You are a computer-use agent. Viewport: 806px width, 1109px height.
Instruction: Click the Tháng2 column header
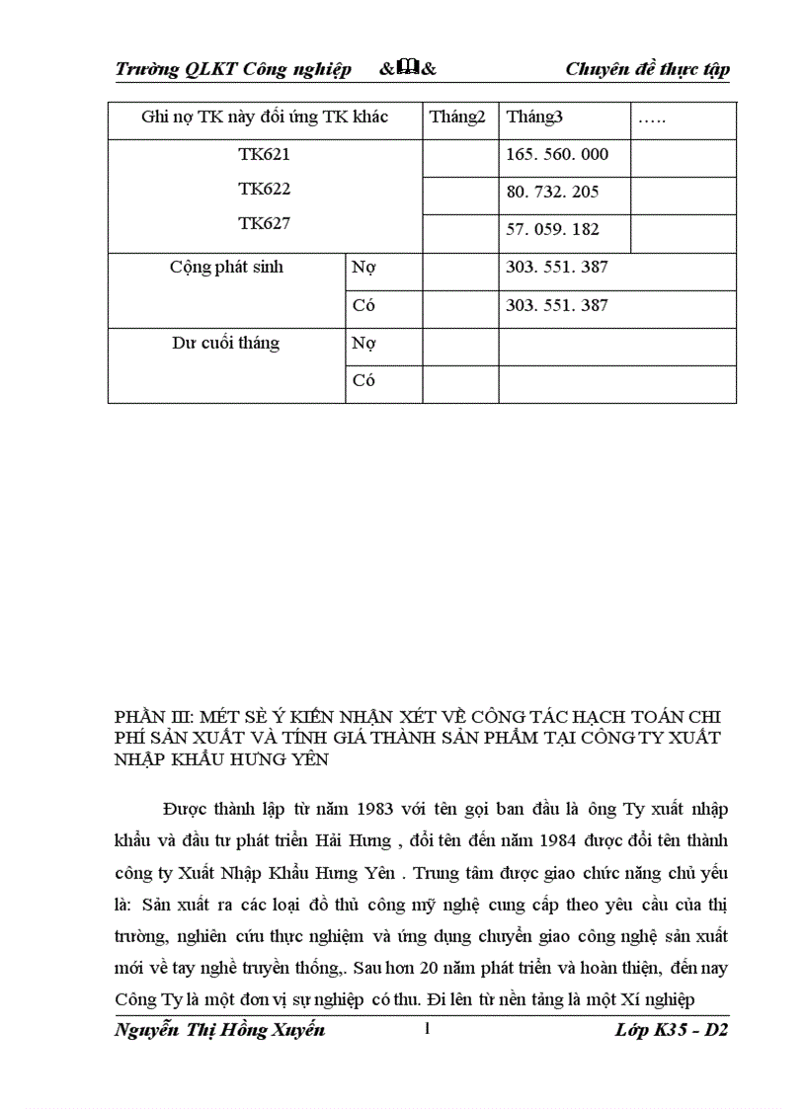tap(457, 118)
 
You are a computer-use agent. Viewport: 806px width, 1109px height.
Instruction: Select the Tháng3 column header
tap(534, 118)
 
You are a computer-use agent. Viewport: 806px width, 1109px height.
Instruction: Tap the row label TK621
tap(264, 154)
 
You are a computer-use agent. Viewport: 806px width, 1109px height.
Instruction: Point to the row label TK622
tap(264, 189)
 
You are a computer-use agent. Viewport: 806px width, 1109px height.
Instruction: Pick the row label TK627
tap(264, 223)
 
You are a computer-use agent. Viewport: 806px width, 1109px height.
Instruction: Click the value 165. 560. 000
tap(557, 154)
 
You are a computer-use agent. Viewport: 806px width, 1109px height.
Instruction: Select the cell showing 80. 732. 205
tap(552, 192)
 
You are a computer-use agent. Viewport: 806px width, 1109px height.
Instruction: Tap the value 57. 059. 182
tap(552, 230)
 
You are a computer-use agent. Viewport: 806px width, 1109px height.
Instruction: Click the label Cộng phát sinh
tap(226, 267)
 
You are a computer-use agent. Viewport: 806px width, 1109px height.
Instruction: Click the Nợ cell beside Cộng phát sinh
tap(364, 268)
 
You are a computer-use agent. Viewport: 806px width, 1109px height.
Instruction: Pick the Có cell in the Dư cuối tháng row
tap(363, 381)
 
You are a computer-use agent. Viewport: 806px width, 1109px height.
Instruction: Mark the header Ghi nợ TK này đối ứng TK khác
tap(265, 118)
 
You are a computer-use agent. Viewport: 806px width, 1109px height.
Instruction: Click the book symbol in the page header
tap(408, 68)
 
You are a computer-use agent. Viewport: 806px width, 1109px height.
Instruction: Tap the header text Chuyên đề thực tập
tap(647, 69)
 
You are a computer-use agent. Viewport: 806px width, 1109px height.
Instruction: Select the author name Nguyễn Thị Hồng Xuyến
tap(220, 1030)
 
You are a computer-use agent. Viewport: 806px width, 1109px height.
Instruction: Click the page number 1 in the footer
tap(427, 1030)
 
